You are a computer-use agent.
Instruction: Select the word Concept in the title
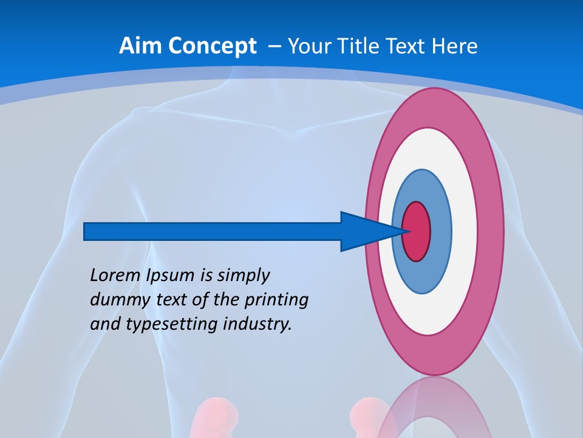pyautogui.click(x=213, y=47)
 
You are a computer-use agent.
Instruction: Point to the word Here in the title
pyautogui.click(x=455, y=46)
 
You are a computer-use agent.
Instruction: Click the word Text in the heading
pyautogui.click(x=407, y=46)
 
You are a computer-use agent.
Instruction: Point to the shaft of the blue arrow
pyautogui.click(x=213, y=231)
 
